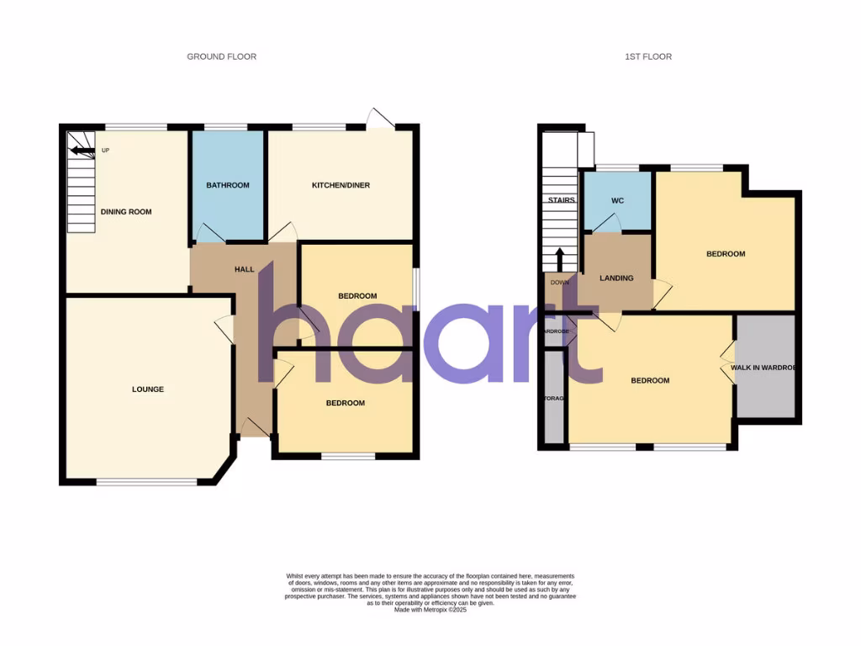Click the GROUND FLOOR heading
point(221,56)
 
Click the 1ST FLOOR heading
point(648,56)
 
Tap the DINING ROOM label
point(126,212)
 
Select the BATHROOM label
point(228,185)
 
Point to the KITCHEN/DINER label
point(341,185)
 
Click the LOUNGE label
point(147,389)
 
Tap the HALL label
point(244,269)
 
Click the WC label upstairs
point(617,200)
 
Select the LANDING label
point(616,278)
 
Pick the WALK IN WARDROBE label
point(763,368)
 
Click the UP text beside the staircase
point(105,151)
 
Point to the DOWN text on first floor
point(559,283)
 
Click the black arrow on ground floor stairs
point(82,151)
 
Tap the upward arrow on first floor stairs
point(560,257)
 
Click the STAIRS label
point(561,200)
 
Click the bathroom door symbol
point(209,233)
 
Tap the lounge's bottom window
point(147,482)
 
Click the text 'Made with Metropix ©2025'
point(430,610)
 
